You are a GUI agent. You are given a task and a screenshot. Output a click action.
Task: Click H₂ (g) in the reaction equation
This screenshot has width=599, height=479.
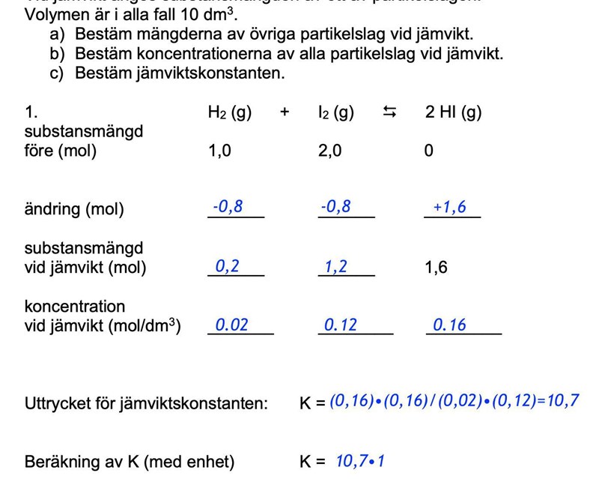(229, 112)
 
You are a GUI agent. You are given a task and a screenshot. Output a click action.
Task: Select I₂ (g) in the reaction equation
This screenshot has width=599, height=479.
(335, 112)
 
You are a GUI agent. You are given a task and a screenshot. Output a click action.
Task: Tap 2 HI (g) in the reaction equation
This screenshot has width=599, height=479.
(453, 112)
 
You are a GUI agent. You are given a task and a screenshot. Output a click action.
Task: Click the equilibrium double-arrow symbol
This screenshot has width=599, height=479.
(389, 112)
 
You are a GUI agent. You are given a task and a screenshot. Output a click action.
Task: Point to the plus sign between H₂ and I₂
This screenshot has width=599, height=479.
(285, 112)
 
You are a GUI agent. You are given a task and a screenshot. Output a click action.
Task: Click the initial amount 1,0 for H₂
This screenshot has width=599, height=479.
(220, 151)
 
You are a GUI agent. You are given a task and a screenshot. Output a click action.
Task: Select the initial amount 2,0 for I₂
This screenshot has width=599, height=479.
(330, 151)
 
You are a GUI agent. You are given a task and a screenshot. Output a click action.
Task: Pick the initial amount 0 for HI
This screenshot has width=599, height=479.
(428, 151)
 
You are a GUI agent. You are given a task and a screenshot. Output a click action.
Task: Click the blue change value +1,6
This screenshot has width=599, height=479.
(449, 207)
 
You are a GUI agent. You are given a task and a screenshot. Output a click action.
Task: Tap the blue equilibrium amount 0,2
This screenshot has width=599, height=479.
(228, 266)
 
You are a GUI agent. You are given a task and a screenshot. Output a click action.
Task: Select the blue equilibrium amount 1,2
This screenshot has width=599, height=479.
(336, 266)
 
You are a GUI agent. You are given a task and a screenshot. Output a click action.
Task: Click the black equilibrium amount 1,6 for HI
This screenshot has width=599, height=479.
(437, 268)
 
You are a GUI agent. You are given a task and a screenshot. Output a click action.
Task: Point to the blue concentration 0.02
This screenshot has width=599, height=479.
(231, 325)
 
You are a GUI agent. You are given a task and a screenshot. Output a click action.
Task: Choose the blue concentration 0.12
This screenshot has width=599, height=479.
(341, 325)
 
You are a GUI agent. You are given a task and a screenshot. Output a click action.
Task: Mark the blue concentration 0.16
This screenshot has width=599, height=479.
(449, 325)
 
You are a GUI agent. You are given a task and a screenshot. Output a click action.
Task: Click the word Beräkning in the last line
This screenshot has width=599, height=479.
(60, 462)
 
